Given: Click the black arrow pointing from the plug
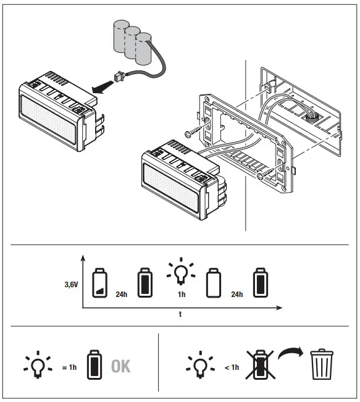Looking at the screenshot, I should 101,87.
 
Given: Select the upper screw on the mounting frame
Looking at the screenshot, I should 193,132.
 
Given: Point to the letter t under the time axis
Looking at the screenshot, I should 180,314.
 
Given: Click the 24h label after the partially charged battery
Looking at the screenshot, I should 121,294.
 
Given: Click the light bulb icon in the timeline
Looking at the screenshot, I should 180,271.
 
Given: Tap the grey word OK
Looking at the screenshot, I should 121,366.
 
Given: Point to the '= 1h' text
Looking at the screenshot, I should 69,367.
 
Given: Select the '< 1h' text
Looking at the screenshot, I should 231,367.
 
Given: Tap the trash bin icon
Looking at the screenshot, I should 321,364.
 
